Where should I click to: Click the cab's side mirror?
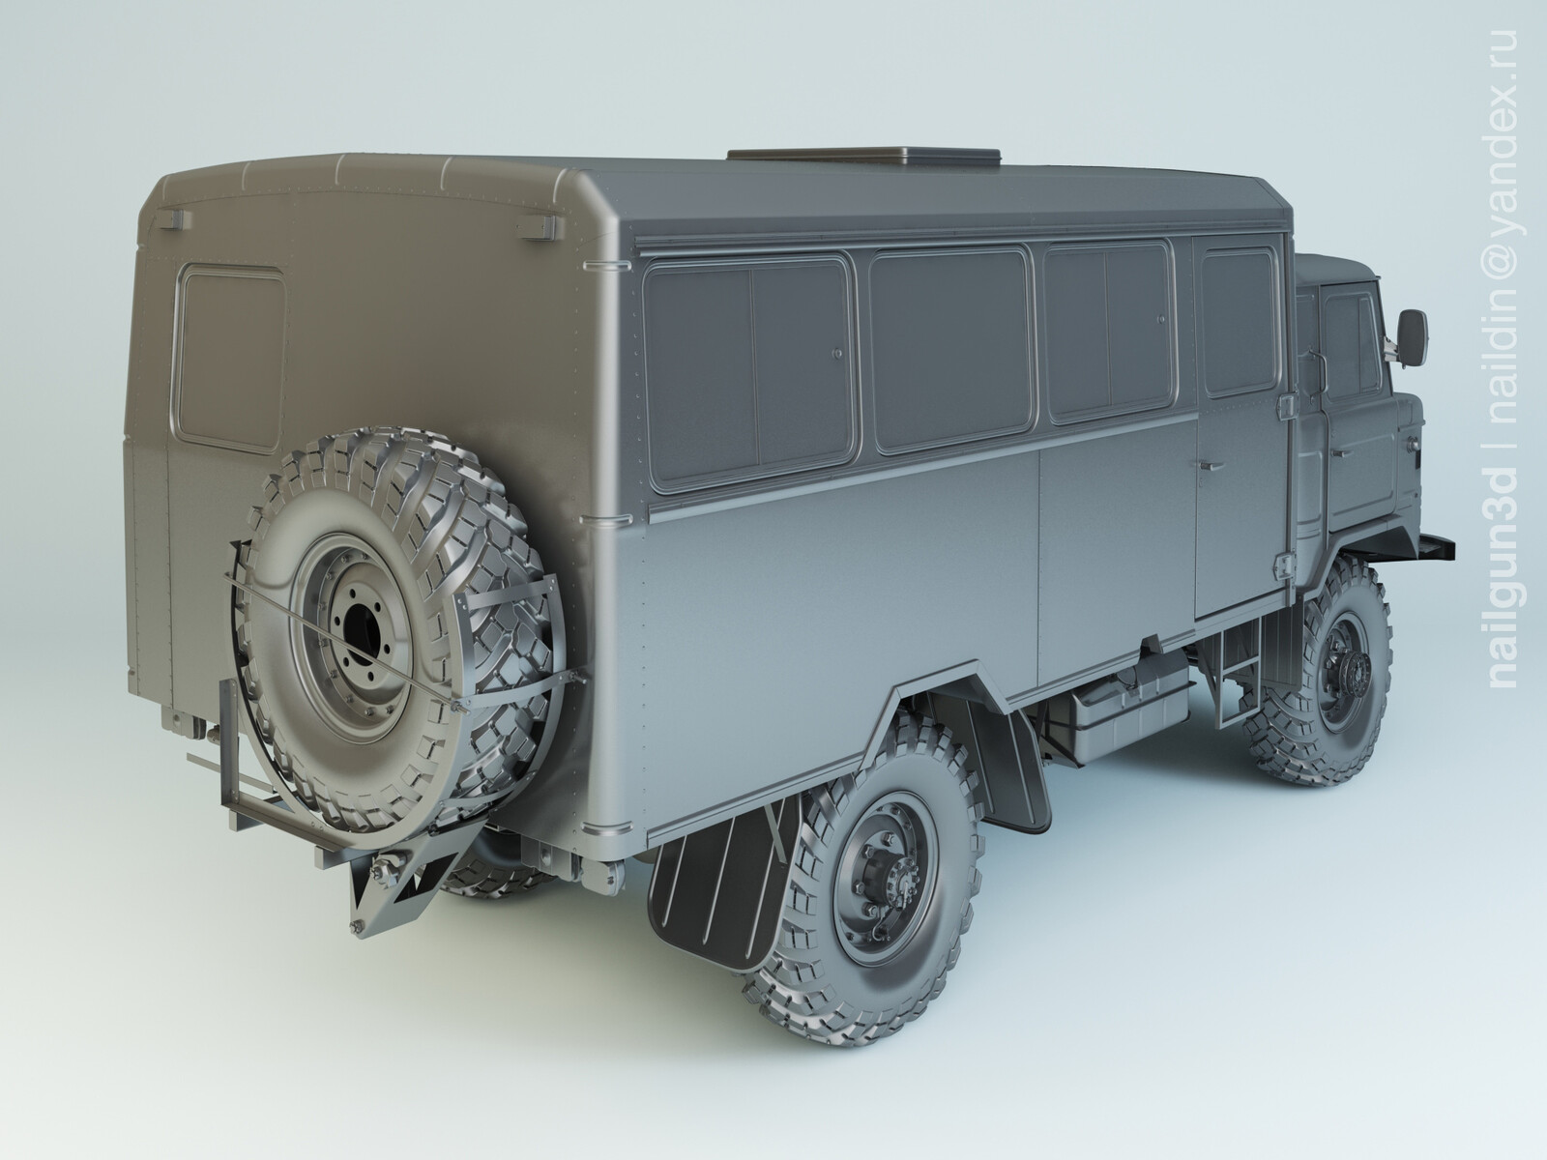pyautogui.click(x=1408, y=333)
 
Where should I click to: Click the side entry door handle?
pyautogui.click(x=1207, y=465)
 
